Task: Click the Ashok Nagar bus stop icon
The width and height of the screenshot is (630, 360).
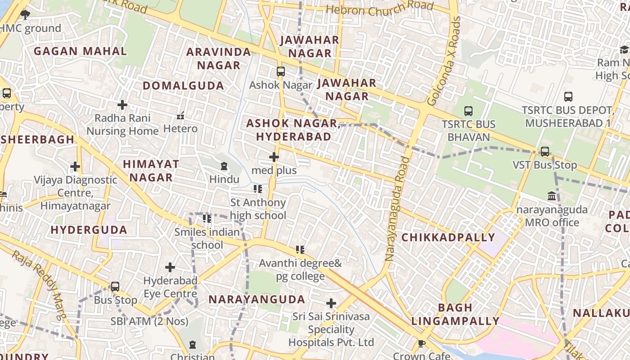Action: [x=280, y=72]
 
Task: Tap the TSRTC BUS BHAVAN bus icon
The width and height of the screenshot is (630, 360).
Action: [x=468, y=111]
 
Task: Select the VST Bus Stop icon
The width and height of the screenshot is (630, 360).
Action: [x=545, y=152]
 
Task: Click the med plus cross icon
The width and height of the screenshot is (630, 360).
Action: [x=274, y=157]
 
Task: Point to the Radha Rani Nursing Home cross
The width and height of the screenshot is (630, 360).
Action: [x=122, y=105]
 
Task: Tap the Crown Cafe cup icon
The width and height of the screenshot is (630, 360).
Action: [x=422, y=344]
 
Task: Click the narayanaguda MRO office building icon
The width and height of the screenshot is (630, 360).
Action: [x=552, y=196]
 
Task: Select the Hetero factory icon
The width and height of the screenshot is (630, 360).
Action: [x=180, y=116]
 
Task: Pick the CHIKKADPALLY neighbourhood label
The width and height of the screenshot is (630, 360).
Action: [x=448, y=238]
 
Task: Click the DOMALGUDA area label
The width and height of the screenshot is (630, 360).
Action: [x=183, y=85]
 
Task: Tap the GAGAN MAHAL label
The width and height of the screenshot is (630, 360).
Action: [x=80, y=51]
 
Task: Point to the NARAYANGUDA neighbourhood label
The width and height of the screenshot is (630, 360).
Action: [x=256, y=299]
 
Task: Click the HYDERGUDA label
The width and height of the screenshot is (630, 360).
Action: [x=89, y=230]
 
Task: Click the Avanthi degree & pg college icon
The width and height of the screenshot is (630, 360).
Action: [x=300, y=249]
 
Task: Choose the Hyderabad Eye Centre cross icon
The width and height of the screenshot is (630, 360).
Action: [x=170, y=267]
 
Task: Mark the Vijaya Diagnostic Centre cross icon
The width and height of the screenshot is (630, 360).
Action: [x=75, y=166]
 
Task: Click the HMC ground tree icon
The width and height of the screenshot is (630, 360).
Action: [x=25, y=15]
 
